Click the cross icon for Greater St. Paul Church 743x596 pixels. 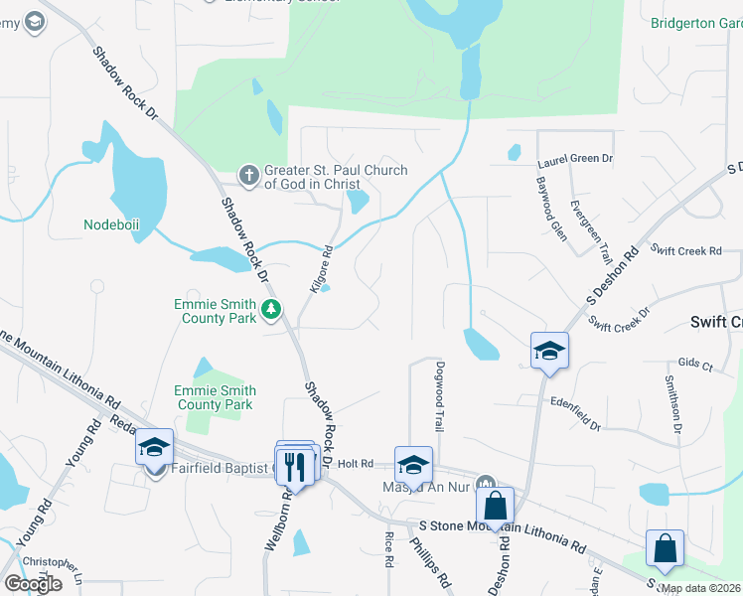[x=249, y=176]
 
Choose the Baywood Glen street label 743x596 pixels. [x=550, y=204]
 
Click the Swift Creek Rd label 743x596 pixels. [x=685, y=251]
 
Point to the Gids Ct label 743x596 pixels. [x=694, y=366]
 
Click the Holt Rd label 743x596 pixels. [x=355, y=464]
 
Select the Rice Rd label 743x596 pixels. [x=387, y=548]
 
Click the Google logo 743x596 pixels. [x=33, y=583]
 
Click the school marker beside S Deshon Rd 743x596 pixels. [x=549, y=351]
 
